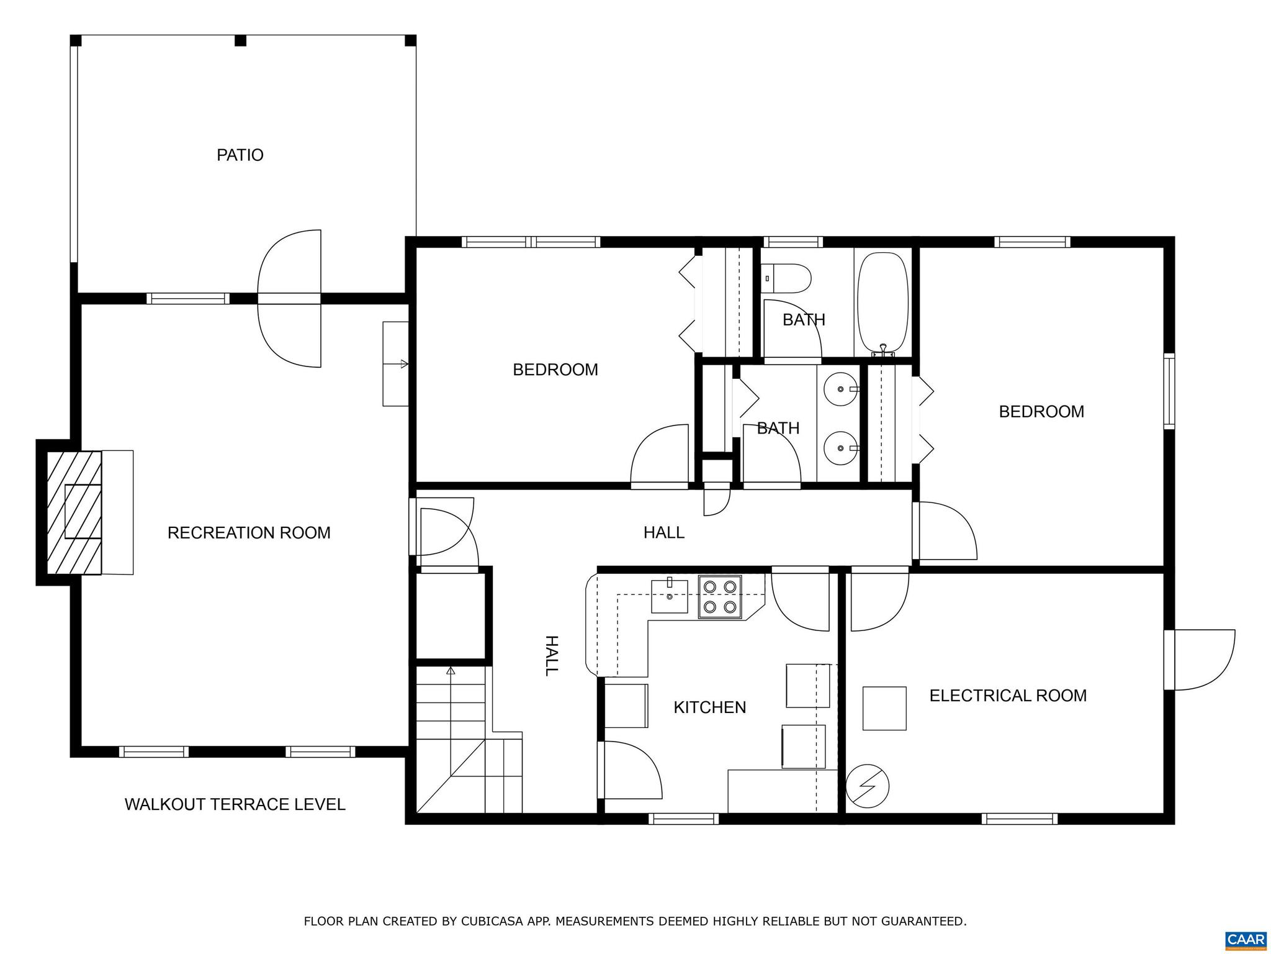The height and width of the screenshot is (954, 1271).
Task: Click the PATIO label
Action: click(240, 155)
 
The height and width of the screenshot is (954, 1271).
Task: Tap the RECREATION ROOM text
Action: click(249, 533)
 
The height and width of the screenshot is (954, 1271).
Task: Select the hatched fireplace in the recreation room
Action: click(75, 512)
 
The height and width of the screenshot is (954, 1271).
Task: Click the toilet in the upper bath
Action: click(787, 279)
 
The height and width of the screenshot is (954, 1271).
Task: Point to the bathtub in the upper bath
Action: click(883, 304)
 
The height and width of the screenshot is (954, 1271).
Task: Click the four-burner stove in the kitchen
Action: click(720, 597)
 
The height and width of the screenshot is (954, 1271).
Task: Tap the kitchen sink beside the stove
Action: click(670, 596)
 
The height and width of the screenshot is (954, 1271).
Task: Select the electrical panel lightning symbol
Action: click(868, 786)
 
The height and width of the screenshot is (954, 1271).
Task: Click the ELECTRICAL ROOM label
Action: click(1008, 696)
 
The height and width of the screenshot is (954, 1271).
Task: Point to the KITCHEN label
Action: click(709, 707)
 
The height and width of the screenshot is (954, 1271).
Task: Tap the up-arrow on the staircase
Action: click(451, 671)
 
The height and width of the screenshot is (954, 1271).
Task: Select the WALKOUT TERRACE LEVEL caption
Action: click(235, 804)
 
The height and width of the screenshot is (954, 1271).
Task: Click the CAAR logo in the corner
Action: click(1246, 939)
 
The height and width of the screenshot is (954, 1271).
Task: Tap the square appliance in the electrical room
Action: click(884, 708)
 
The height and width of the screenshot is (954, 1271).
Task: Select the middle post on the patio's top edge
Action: click(241, 41)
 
